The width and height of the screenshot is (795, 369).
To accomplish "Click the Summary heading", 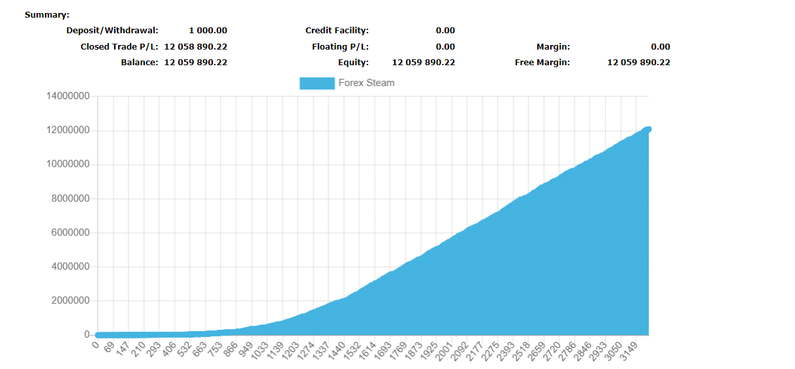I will coord(47,15).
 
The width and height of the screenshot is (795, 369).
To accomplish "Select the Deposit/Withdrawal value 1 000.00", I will coord(208,31).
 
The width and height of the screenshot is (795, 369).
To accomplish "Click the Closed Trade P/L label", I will coord(119,47).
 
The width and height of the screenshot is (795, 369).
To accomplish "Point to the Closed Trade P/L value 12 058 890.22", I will coord(195,47).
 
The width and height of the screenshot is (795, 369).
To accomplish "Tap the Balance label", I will coord(139,63).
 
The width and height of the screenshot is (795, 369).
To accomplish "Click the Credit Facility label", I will coord(337,31).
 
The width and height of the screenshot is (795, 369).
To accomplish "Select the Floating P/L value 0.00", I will coord(445,47).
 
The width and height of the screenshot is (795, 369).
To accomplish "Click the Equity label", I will coord(352,63).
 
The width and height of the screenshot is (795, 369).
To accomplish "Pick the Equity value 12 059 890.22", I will coord(423,63).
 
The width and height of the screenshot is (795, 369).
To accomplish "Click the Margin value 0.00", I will coord(660,47).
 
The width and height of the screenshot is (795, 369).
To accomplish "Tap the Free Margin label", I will coord(542,63).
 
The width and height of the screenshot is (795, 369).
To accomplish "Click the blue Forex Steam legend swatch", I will coord(317,83).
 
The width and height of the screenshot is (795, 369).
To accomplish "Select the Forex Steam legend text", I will coord(366,83).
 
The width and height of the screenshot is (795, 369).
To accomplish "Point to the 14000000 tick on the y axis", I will coord(68,96).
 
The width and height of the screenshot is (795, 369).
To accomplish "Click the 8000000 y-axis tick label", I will coord(70,199).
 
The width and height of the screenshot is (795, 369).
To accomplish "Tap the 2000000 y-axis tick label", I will coord(70,301).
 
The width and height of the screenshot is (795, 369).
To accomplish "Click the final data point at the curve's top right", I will coord(648,129).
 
